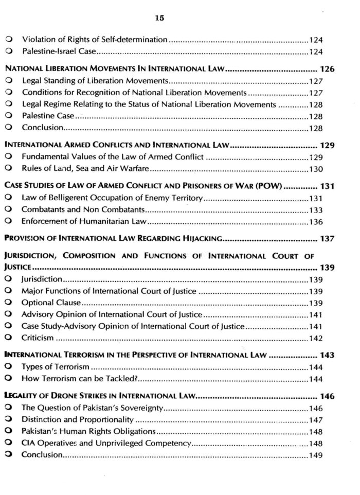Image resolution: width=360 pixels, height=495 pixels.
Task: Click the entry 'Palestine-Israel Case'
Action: coord(59,51)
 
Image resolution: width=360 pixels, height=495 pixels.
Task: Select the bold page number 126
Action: coord(327,68)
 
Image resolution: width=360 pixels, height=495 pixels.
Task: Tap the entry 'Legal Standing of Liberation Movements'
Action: coord(95,81)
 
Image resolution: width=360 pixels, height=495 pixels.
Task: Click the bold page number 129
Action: coord(327,145)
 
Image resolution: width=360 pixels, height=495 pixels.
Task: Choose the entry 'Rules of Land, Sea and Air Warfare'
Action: coord(85,168)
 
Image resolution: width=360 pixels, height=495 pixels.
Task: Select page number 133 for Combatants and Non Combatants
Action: coord(316,210)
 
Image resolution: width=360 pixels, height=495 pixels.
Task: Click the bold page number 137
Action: coord(327,238)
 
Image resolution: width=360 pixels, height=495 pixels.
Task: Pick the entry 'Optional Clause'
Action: coord(51,303)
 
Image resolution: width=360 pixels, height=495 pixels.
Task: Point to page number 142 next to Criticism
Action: coord(316,338)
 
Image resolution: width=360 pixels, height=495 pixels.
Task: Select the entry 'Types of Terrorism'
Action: coord(56,367)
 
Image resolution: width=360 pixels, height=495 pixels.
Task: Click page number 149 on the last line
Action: coord(316,455)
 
